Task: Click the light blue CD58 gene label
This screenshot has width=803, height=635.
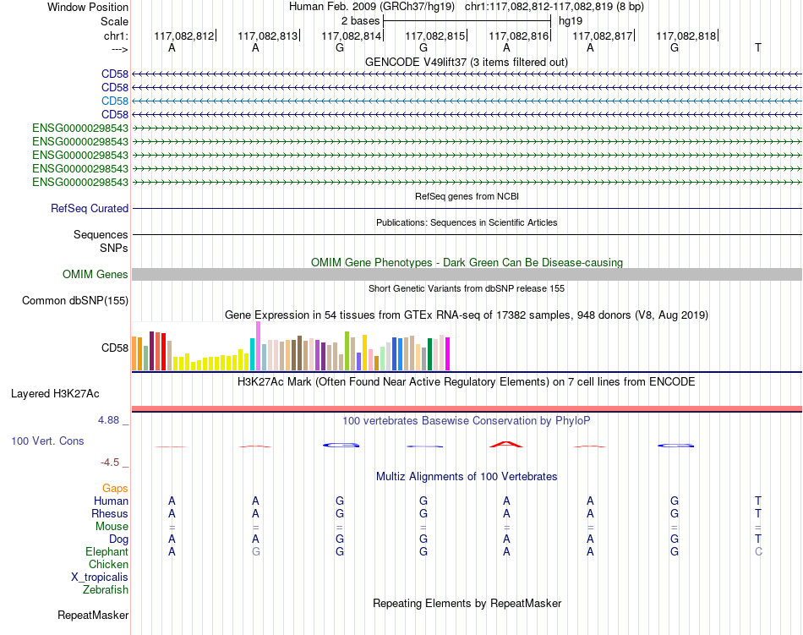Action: click(115, 101)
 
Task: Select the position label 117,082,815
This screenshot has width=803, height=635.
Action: click(434, 36)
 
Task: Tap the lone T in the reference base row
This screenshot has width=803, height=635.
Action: click(758, 47)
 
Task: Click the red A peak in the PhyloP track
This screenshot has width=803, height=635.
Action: click(506, 444)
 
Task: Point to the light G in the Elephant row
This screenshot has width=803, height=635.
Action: click(255, 551)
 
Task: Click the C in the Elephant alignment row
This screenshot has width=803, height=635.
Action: click(758, 551)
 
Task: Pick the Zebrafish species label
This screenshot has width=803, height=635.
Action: click(106, 590)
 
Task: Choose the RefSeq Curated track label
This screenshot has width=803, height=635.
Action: click(90, 208)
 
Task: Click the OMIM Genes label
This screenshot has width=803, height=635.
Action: click(96, 275)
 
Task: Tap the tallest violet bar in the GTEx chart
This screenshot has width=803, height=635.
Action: click(258, 346)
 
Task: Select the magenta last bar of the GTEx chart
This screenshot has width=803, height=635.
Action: click(447, 354)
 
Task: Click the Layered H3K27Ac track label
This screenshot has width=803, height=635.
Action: click(55, 394)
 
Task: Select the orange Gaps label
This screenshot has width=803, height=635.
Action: click(115, 489)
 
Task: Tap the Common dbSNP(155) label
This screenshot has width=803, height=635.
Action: click(75, 301)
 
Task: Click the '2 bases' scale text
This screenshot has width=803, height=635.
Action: click(361, 21)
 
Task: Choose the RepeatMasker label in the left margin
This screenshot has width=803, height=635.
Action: click(93, 615)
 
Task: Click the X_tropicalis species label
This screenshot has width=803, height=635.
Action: click(100, 578)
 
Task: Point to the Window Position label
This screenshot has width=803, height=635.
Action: click(88, 7)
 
